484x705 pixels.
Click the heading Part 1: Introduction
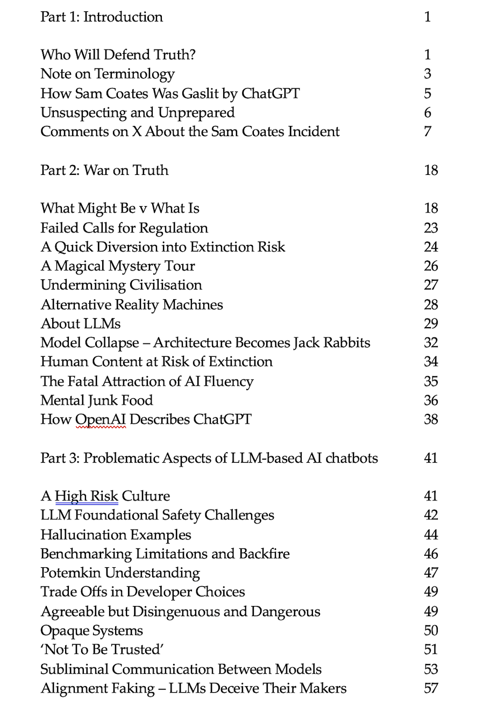point(102,17)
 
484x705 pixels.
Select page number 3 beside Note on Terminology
point(428,74)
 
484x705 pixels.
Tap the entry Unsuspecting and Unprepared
point(138,112)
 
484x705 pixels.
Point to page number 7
point(428,131)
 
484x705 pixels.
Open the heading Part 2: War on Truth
point(104,170)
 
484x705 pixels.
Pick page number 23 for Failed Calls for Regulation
point(431,228)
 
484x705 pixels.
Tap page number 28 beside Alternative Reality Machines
point(431,305)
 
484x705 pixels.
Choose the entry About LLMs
point(81,323)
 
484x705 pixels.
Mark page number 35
point(431,382)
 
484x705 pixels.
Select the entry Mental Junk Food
point(97,400)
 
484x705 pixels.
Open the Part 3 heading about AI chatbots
point(209,458)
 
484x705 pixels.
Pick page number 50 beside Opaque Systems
point(431,631)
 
